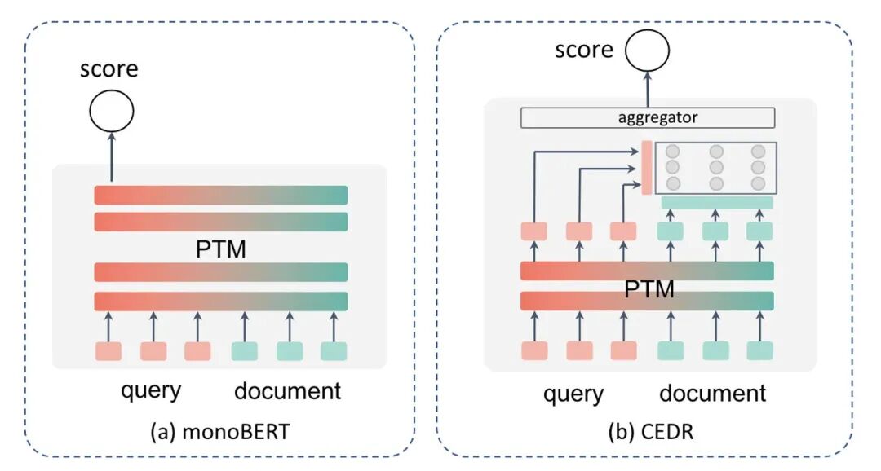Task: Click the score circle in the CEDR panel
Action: (647, 51)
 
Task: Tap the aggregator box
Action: (647, 117)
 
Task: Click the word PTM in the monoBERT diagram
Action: (220, 249)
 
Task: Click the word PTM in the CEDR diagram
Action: (649, 287)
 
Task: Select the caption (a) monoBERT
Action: (219, 432)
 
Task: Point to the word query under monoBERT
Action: (151, 390)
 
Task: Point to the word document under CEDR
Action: (713, 394)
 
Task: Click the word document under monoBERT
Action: (287, 390)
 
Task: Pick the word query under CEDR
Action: (573, 394)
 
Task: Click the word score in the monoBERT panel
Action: (108, 68)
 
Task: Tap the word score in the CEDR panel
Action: (584, 50)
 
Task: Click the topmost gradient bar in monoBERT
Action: (220, 195)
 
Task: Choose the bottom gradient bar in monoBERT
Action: (220, 301)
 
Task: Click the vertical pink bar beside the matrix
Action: (646, 168)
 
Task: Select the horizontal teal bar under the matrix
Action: (716, 202)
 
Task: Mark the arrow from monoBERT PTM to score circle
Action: (112, 160)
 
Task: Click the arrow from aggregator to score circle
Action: (648, 88)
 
